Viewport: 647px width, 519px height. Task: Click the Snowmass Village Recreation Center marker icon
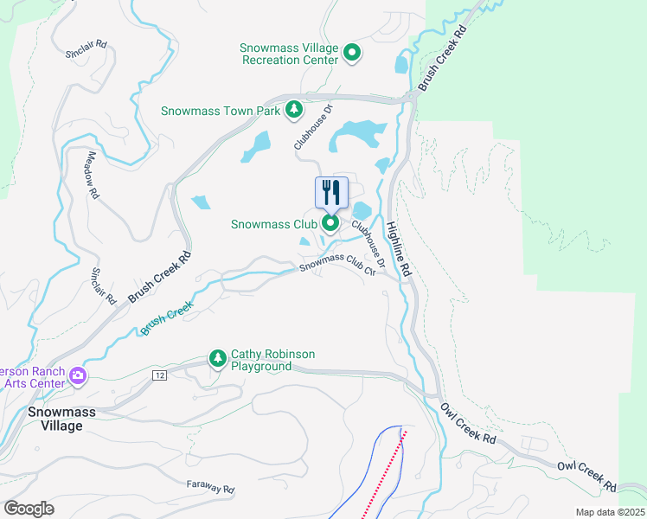tap(352, 54)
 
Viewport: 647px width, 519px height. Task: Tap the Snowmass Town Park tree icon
tap(294, 110)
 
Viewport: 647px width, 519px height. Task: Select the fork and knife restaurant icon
tap(330, 192)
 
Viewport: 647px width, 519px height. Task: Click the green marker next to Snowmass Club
tap(330, 224)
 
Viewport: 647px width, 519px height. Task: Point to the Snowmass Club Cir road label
tap(338, 264)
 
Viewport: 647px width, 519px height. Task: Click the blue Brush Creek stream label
tap(166, 319)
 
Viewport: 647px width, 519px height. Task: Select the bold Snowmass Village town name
tap(54, 419)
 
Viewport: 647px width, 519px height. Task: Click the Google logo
tap(29, 509)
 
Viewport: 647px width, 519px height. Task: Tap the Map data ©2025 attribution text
tap(610, 512)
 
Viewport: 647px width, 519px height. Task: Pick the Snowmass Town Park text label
tap(221, 111)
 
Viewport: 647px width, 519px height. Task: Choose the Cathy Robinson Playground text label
tap(272, 360)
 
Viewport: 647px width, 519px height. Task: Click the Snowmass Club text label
tap(274, 224)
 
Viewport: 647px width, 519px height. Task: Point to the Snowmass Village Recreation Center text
tap(289, 54)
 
